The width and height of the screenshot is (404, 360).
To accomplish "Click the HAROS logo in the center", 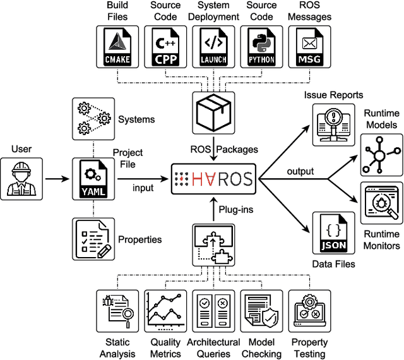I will (x=213, y=177).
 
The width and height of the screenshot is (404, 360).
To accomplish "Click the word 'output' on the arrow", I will (x=300, y=172).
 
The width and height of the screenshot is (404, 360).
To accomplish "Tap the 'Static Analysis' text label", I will (x=117, y=348).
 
